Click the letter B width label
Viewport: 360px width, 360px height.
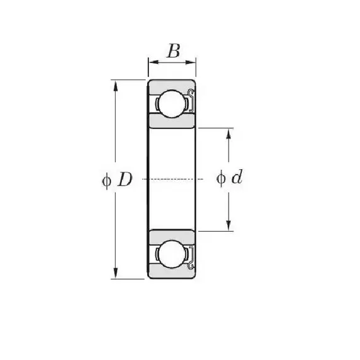[174, 51]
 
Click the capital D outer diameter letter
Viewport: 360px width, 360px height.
[125, 179]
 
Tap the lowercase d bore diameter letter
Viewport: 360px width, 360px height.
[237, 177]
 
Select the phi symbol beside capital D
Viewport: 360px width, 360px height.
[107, 181]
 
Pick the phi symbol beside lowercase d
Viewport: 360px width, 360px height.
[221, 178]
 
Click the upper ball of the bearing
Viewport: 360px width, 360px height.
[172, 104]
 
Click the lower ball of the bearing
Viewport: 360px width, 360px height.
[172, 254]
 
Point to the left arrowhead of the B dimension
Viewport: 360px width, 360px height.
[153, 62]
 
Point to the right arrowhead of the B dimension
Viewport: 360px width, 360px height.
[191, 62]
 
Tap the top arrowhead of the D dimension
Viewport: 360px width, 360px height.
[116, 85]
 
